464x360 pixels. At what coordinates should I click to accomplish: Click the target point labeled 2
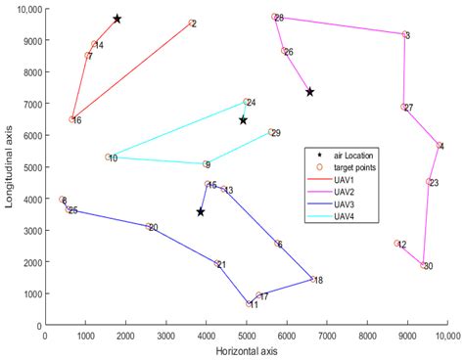point(191,22)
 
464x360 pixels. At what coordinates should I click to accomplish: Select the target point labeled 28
point(274,17)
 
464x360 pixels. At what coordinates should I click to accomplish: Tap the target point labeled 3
point(404,34)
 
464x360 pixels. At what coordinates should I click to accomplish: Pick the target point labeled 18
point(312,279)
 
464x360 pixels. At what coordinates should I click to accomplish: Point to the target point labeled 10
point(109,157)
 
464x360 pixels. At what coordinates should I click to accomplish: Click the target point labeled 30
point(423,265)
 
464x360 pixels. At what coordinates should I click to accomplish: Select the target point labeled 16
point(72,119)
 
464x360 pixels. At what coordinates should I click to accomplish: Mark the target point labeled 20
point(149,226)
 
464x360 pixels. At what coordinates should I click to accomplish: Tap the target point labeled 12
point(396,244)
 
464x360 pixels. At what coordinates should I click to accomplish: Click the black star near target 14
point(117,19)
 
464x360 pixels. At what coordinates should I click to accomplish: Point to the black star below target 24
point(244,119)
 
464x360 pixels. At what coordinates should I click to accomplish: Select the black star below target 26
point(309,92)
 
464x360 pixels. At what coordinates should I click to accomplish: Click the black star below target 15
point(201,211)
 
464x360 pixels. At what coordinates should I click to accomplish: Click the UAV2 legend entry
point(348,191)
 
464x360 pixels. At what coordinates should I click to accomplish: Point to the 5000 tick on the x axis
point(246,334)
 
